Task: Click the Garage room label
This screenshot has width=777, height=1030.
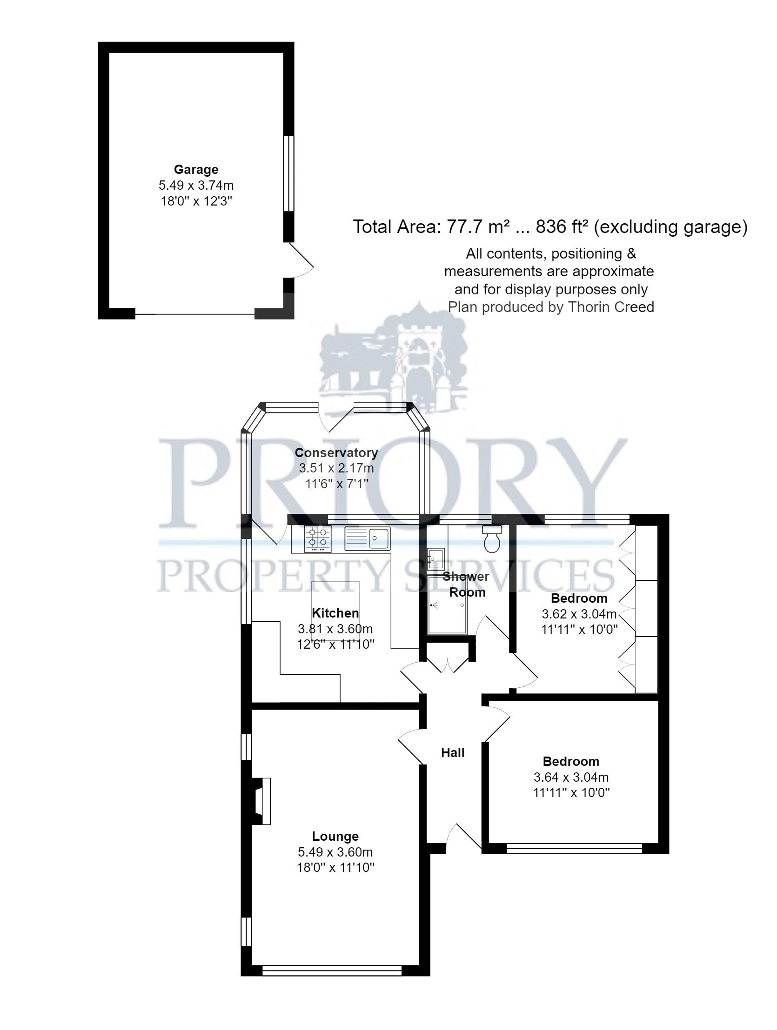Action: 196,169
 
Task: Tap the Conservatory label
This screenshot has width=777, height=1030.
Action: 336,452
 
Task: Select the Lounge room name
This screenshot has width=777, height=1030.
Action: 335,837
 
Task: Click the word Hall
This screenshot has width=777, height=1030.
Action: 453,753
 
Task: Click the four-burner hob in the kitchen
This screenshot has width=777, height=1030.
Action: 318,539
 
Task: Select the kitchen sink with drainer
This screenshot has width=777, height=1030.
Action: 367,539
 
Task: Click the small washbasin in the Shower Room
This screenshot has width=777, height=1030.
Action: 435,558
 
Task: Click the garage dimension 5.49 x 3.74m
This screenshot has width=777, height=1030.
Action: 196,186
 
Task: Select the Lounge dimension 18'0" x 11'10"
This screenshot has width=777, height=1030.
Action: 335,868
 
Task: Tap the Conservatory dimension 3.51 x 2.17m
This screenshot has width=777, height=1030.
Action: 336,468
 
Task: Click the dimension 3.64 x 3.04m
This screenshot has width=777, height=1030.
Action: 570,777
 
